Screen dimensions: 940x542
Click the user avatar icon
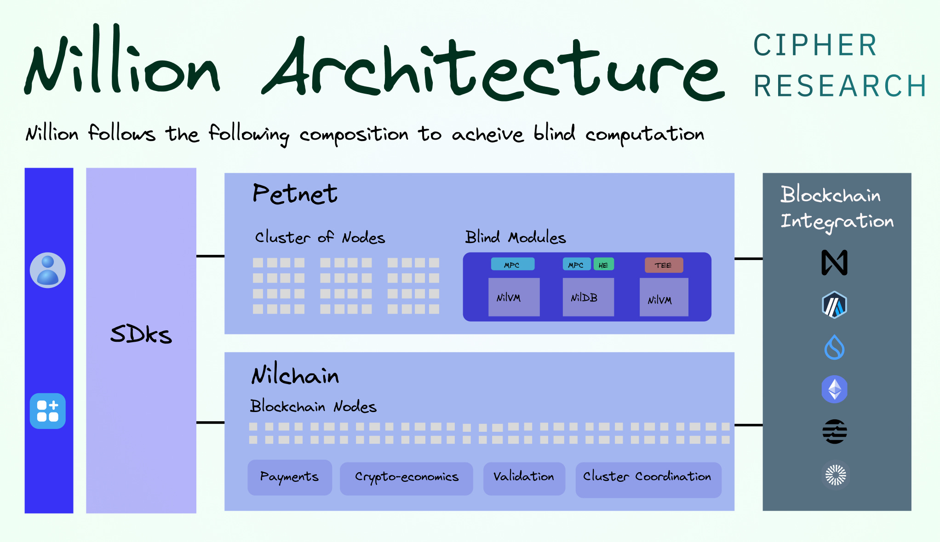[x=48, y=270]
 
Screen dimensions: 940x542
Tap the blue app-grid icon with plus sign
[x=48, y=411]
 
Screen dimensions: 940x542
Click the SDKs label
[x=141, y=334]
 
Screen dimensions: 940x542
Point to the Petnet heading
[x=295, y=194]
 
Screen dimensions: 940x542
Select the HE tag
[x=603, y=265]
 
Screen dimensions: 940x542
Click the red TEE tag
[x=663, y=265]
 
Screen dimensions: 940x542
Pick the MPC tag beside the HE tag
[x=576, y=265]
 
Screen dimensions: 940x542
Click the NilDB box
[x=588, y=297]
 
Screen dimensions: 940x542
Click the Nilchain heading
[x=295, y=376]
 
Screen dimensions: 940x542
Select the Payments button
[x=290, y=477]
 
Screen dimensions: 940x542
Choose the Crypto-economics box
[x=407, y=478]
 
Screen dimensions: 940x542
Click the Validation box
[x=524, y=478]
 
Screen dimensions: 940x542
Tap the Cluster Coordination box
[x=648, y=479]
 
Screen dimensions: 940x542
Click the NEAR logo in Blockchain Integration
[x=834, y=263]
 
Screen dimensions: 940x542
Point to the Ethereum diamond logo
[x=834, y=390]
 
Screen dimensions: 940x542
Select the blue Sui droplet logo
[x=834, y=347]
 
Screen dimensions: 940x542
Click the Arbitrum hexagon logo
[x=834, y=305]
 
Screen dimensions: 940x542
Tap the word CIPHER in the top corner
[x=815, y=45]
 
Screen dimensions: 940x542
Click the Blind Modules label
[x=516, y=237]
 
